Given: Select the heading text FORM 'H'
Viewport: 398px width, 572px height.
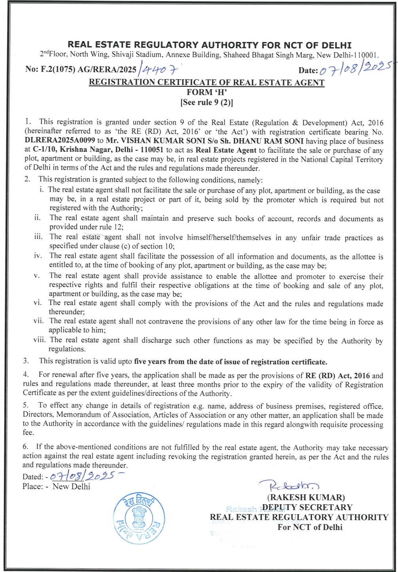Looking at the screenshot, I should click(x=207, y=92).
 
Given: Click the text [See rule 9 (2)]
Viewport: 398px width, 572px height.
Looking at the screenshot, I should click(x=207, y=103).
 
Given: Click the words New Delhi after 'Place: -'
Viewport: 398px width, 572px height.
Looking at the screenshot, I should click(x=71, y=486).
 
